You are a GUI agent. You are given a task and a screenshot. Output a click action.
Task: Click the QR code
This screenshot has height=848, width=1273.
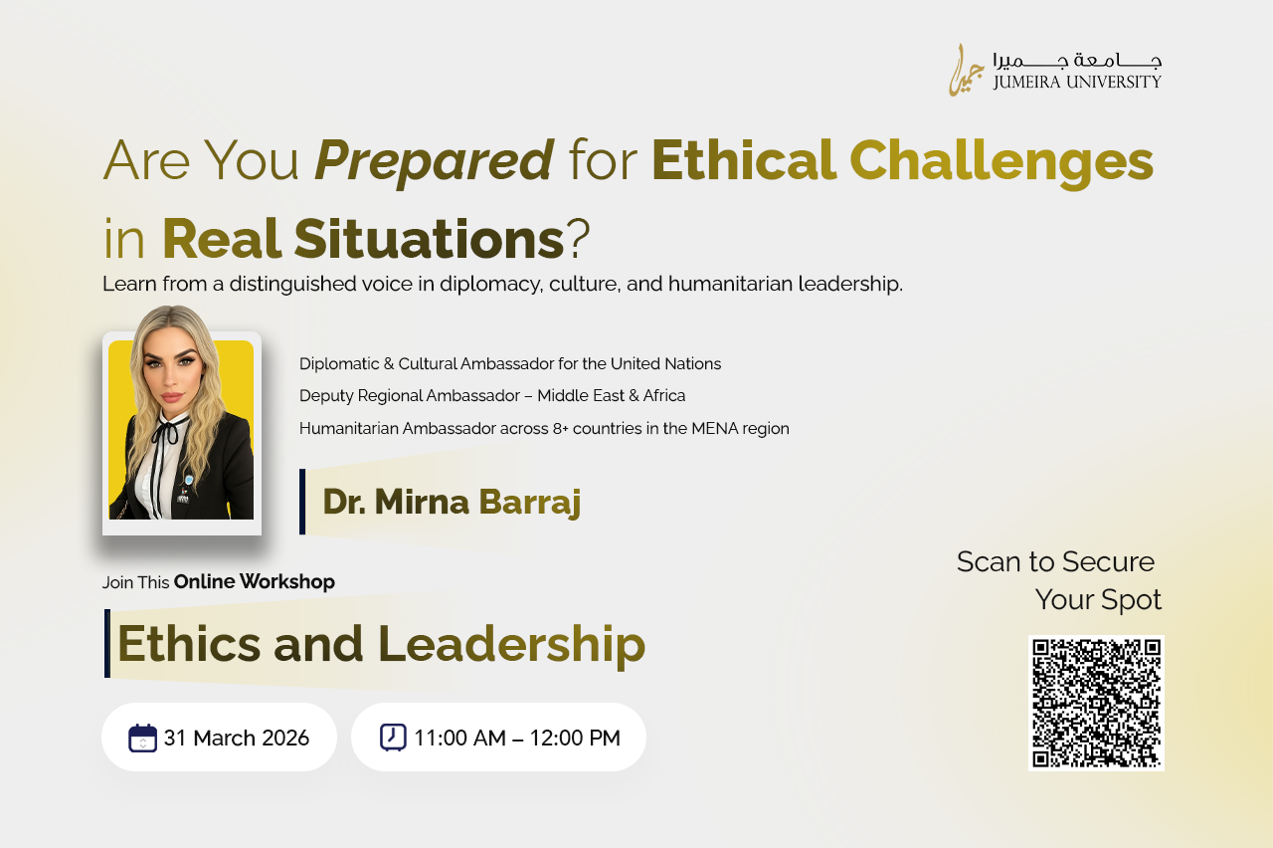click(1096, 703)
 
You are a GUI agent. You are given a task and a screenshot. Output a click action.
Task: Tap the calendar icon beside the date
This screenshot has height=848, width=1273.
click(142, 739)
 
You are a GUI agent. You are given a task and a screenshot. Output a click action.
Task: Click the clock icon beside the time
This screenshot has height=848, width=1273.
click(393, 738)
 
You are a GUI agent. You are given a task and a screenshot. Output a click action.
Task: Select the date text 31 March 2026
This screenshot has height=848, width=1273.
click(237, 739)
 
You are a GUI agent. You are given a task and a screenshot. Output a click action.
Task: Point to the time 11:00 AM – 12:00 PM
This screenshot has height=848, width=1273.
click(517, 739)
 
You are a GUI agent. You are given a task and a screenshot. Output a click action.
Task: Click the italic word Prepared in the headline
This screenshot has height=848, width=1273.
click(434, 161)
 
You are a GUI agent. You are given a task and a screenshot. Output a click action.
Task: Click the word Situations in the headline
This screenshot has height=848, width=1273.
click(429, 239)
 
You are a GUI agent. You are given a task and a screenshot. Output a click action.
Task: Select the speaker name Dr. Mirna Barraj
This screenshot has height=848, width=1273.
click(452, 503)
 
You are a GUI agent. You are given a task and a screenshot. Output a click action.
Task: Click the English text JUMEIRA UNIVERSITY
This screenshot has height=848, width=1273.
click(1077, 83)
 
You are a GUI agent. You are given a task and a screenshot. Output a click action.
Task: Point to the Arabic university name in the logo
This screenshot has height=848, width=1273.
click(1077, 60)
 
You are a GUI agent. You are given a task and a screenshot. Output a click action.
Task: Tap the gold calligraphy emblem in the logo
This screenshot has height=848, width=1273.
click(966, 71)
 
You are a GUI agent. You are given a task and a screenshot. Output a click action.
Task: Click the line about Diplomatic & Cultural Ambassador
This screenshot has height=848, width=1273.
click(510, 364)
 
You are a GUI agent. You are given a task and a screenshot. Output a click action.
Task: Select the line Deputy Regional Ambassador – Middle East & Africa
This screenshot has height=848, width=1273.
click(492, 396)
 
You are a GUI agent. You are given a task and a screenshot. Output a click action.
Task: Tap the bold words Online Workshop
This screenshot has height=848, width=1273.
click(254, 582)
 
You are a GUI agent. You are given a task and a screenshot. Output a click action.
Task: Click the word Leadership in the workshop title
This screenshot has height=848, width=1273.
click(511, 645)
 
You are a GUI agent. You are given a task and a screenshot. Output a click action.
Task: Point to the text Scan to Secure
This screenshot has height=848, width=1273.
click(1055, 562)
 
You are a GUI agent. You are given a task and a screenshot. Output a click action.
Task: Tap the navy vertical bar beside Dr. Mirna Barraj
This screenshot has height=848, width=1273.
click(302, 502)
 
